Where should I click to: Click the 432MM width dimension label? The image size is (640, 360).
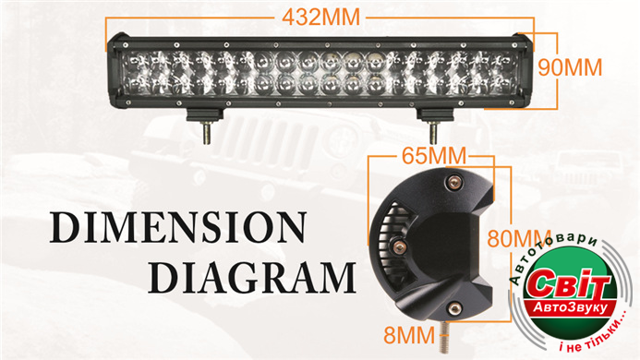[x=321, y=18]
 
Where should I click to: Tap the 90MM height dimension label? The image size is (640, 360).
[x=570, y=67]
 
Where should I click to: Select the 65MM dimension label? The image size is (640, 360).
[x=434, y=155]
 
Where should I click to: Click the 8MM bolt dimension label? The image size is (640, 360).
[x=409, y=335]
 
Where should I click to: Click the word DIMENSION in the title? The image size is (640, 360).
[x=178, y=227]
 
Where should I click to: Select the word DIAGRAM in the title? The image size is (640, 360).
[x=252, y=278]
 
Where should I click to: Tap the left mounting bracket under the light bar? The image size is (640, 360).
[x=205, y=114]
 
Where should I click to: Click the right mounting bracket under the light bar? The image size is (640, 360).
[x=435, y=114]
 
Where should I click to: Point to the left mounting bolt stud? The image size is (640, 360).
[x=208, y=132]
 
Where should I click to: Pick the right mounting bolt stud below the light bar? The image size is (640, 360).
[x=433, y=132]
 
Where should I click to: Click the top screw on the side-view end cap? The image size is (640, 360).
[x=453, y=183]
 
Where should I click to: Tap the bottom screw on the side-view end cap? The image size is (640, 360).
[x=453, y=308]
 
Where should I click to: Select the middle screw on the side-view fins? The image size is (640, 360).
[x=399, y=246]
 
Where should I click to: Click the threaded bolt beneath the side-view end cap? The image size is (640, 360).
[x=443, y=338]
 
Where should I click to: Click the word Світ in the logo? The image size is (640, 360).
[x=567, y=283]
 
